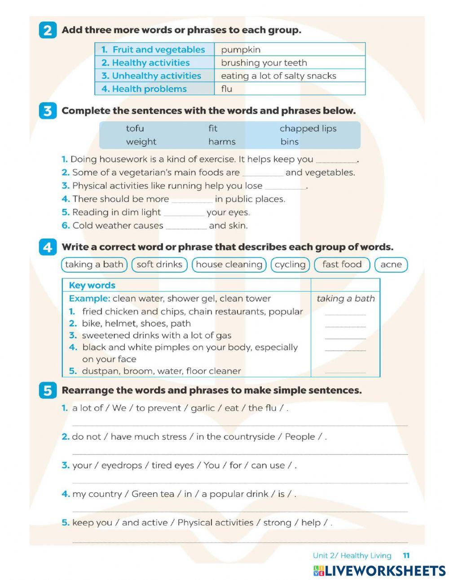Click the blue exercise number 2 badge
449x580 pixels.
(48, 31)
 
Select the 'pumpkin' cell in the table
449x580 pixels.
(241, 50)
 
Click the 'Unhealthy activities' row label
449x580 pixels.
(152, 76)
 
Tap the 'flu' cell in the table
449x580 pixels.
(227, 89)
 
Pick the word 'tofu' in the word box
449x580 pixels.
(135, 128)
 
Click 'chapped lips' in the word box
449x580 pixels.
(308, 128)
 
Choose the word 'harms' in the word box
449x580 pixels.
(222, 142)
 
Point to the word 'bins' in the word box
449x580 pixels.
(290, 142)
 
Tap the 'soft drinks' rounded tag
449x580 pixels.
(159, 265)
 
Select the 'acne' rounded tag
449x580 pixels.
(391, 265)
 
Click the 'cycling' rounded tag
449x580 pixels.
(290, 265)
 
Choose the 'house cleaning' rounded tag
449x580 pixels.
(229, 265)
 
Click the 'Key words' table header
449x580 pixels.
(92, 285)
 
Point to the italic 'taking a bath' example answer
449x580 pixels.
(345, 299)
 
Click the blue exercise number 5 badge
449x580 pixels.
(48, 391)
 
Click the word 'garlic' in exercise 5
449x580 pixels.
(203, 408)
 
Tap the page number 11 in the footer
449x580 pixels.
(406, 556)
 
